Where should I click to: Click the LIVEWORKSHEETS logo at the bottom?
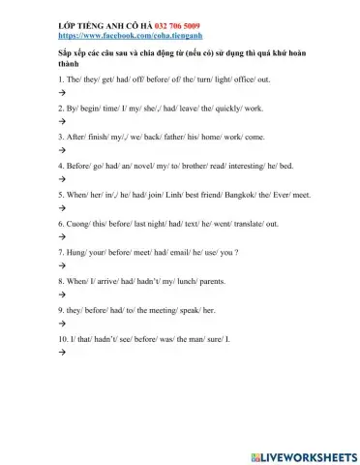click(x=302, y=454)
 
